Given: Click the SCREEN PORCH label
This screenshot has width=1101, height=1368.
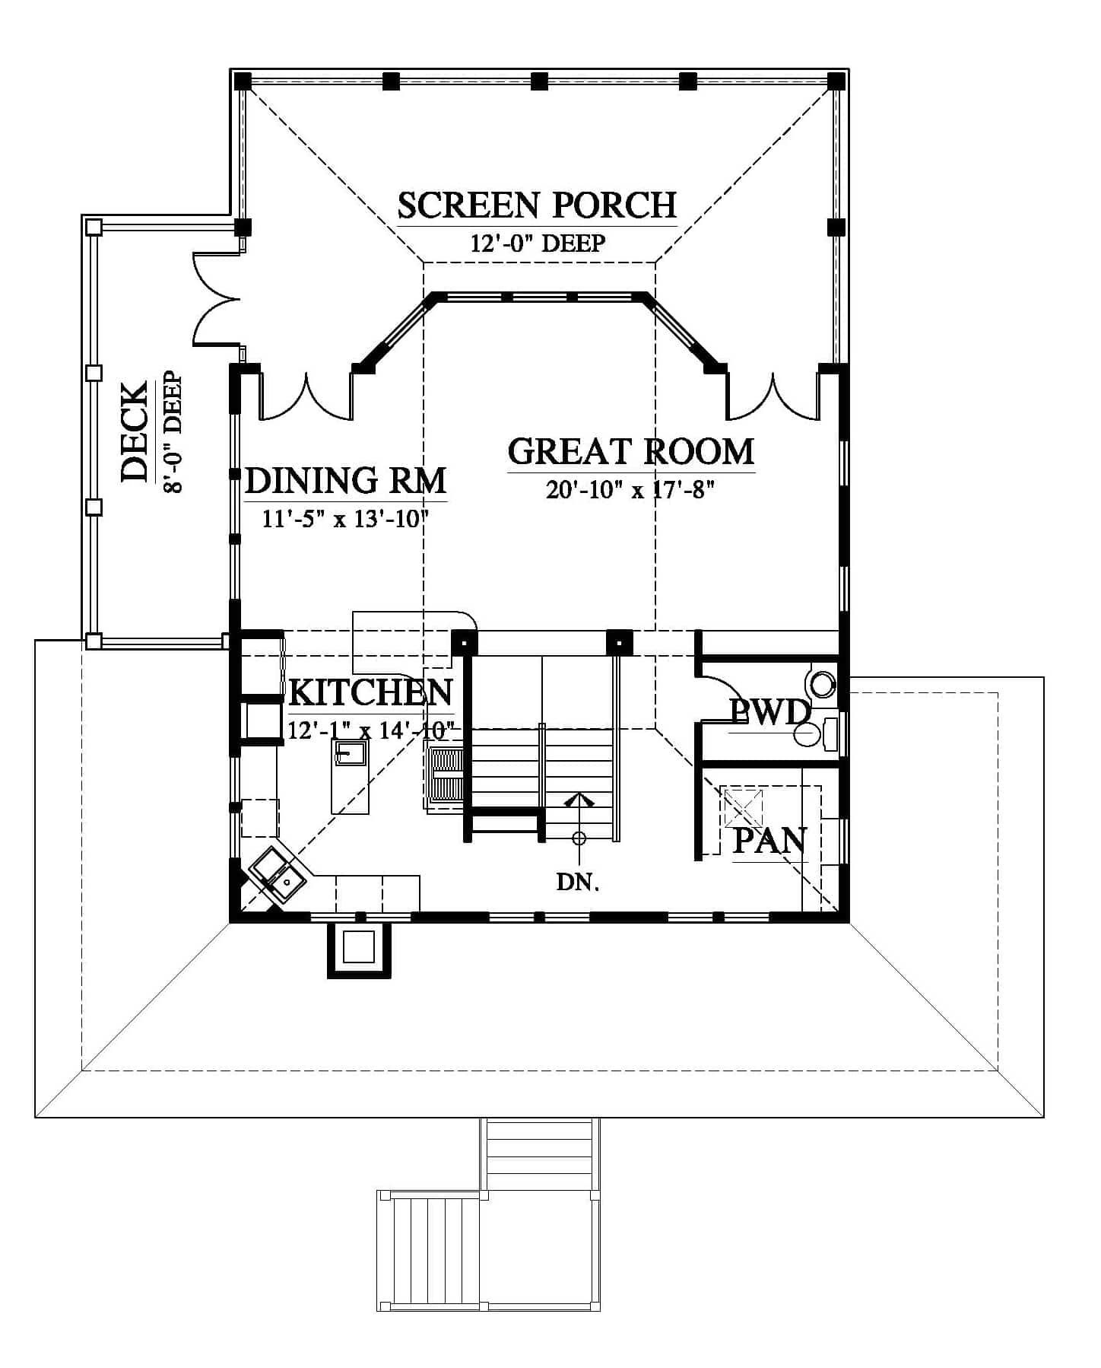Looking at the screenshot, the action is tap(537, 205).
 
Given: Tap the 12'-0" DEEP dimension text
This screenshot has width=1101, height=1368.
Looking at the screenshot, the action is tap(538, 243).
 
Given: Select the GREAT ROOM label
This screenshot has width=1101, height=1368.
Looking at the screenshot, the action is tap(631, 451).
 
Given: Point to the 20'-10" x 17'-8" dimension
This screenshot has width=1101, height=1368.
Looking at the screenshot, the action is tap(630, 489).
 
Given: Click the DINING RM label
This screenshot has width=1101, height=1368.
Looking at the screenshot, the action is tap(346, 481).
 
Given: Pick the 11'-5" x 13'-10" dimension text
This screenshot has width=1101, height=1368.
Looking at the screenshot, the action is tap(346, 519).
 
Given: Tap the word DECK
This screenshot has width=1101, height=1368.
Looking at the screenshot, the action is tap(135, 432).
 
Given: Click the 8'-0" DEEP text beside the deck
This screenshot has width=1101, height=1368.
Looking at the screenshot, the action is tap(173, 432).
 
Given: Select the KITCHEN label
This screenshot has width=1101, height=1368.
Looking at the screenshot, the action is tap(371, 692).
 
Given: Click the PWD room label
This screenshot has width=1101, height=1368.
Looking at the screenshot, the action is tap(769, 713).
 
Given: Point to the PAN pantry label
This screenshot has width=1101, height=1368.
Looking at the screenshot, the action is tap(769, 841).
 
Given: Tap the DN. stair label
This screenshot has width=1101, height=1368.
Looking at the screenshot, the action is tap(578, 883).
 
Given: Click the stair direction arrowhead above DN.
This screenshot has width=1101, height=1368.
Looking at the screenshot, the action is tap(579, 799).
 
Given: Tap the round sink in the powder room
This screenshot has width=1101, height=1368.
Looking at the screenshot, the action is tap(823, 683).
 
